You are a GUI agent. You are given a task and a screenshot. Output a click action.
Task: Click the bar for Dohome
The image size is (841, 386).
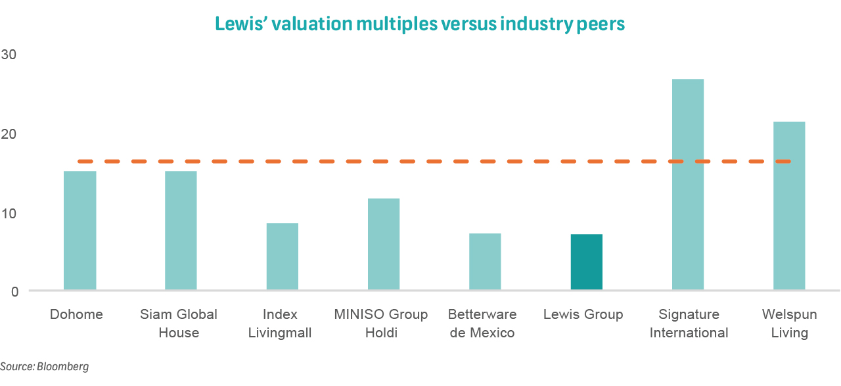[80, 230]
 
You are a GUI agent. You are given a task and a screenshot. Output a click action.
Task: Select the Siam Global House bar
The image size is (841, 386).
[181, 230]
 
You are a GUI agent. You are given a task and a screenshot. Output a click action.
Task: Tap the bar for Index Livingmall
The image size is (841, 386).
[282, 256]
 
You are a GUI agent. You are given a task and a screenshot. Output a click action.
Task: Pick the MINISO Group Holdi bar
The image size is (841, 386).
[384, 244]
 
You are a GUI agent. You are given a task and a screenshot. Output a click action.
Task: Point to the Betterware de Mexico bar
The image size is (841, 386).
[485, 262]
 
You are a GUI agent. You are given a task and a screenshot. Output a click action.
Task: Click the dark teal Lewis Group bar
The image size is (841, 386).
[587, 262]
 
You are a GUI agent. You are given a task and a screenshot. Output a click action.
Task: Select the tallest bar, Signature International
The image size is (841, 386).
[688, 184]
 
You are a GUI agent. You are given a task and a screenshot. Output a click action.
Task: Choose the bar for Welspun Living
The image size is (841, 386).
[789, 205]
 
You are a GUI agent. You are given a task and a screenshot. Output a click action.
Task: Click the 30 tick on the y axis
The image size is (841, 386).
[11, 55]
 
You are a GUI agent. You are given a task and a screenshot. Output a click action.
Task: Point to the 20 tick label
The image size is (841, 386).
[11, 134]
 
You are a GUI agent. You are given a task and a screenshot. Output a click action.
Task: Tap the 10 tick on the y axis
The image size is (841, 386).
[11, 213]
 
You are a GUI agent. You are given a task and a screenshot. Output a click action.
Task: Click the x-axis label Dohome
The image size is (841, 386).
[76, 314]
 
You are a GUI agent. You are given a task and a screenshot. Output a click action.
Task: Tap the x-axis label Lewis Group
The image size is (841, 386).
[583, 314]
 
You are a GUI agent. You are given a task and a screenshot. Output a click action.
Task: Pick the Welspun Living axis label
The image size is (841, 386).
[789, 324]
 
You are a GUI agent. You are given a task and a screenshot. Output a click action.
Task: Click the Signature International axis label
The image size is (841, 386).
[689, 324]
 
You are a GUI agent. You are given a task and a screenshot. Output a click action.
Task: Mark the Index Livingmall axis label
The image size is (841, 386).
[279, 324]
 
